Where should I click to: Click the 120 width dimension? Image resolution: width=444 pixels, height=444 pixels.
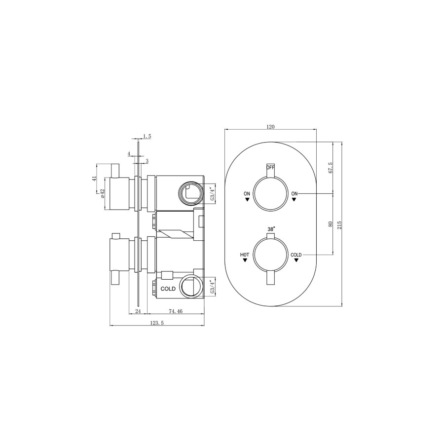[x=270, y=127]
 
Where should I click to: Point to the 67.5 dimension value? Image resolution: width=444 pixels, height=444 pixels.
[x=331, y=168]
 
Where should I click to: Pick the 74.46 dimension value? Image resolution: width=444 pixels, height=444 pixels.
[x=176, y=311]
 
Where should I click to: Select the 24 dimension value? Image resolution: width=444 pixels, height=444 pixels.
[x=138, y=311]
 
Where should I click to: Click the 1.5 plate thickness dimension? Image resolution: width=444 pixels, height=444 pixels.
[x=147, y=136]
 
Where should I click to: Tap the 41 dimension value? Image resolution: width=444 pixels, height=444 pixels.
[x=94, y=179]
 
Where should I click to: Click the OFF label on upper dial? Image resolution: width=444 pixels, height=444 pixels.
[x=270, y=167]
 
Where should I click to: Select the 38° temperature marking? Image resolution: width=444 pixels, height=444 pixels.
[x=271, y=229]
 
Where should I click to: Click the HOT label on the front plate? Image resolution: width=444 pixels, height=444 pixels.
[x=244, y=255]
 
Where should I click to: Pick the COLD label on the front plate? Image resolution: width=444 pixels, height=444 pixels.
[x=296, y=255]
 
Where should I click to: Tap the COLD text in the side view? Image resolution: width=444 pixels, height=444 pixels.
[x=168, y=289]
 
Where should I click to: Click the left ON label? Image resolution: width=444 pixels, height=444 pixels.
[x=247, y=193]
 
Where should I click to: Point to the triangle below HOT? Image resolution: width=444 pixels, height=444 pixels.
[x=245, y=261]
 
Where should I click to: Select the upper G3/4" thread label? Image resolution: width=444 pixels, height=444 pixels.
[x=213, y=193]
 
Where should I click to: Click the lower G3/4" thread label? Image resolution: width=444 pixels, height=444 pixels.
[x=213, y=287]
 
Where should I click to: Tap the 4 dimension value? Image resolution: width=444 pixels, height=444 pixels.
[x=129, y=154]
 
